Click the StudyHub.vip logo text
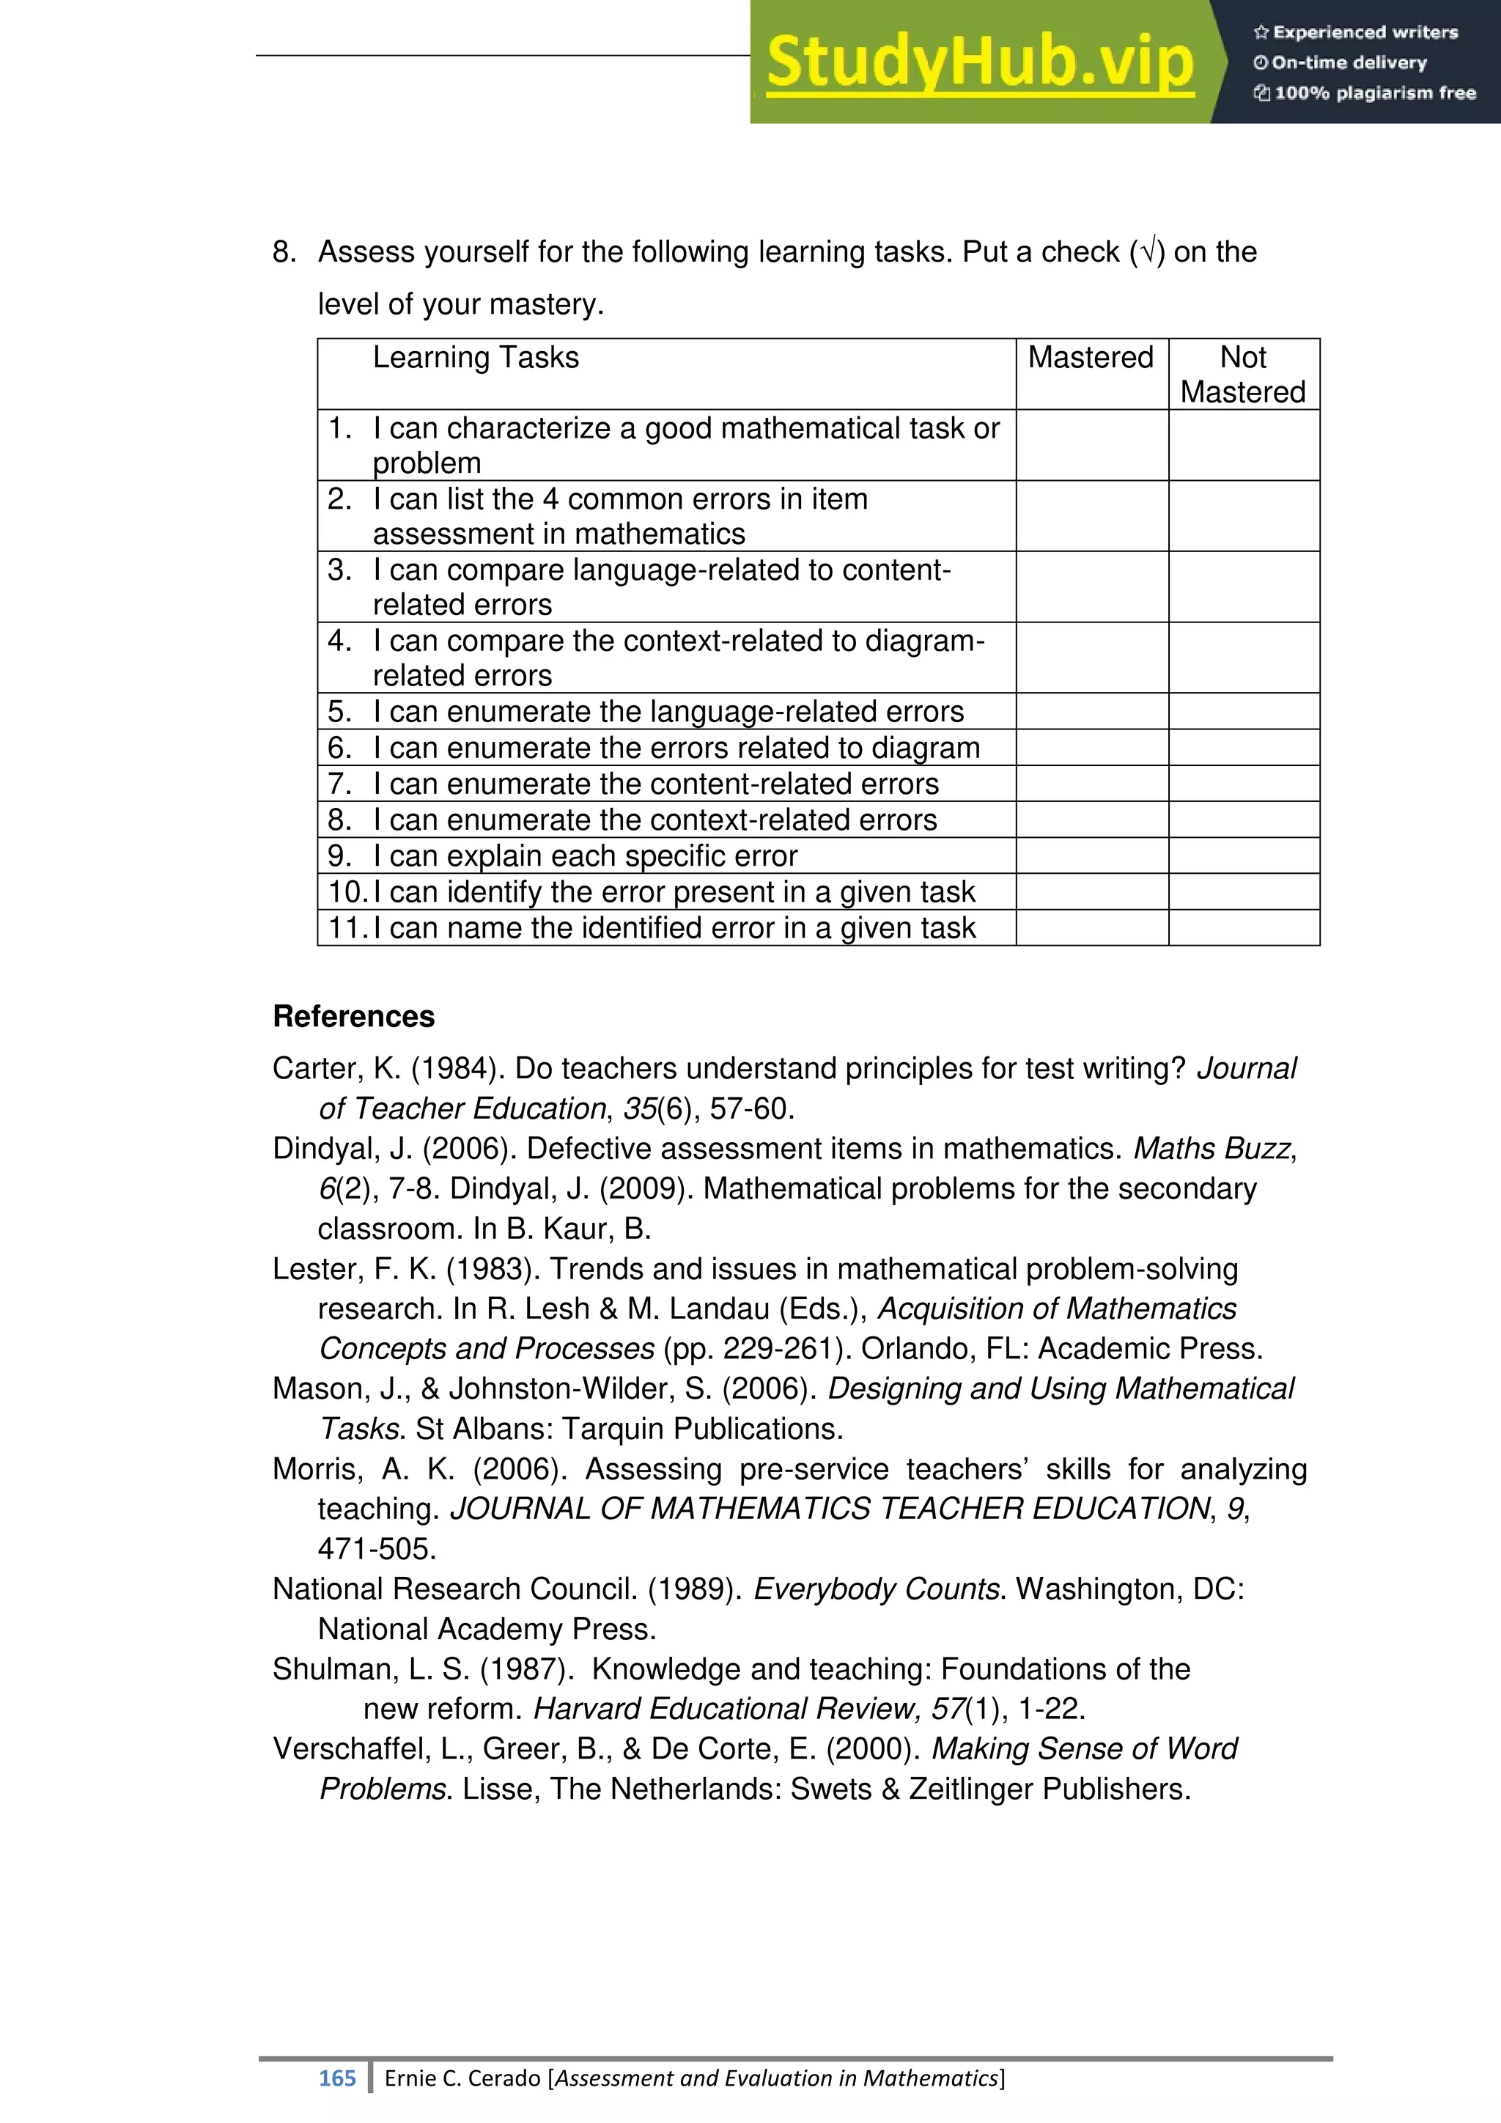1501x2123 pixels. pos(980,62)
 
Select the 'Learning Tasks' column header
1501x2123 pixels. pos(475,358)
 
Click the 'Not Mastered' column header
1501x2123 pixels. pos(1242,375)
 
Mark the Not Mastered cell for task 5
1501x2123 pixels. pos(1243,711)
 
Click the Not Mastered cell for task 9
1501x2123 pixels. pos(1243,856)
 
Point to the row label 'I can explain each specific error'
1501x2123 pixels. pos(584,856)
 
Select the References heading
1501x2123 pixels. pos(353,1016)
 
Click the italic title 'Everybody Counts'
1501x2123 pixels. pos(877,1589)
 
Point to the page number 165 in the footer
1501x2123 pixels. pos(336,2078)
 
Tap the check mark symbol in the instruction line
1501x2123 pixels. pos(1147,252)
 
